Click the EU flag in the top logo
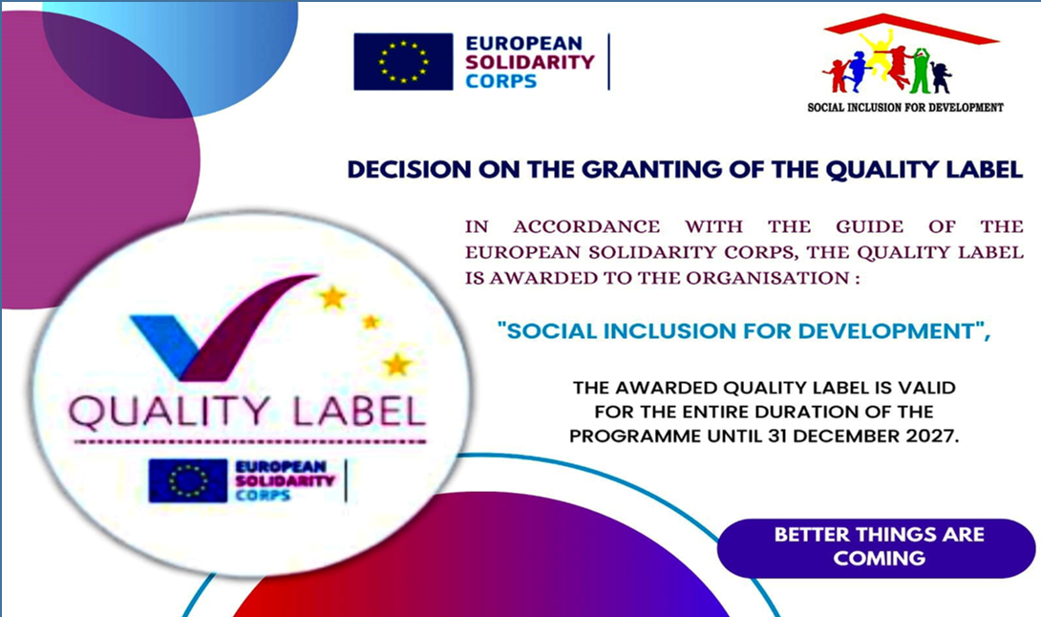click(403, 62)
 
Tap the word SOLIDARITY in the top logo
click(530, 62)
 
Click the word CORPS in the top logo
click(501, 81)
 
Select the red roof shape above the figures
click(910, 28)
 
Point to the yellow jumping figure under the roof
click(879, 53)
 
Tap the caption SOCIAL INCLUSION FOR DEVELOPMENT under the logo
click(904, 107)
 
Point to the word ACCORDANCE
click(586, 226)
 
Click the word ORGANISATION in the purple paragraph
click(767, 278)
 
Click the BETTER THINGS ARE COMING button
click(877, 548)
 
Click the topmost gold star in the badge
click(332, 298)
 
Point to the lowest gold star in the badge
click(396, 365)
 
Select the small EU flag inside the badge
click(188, 480)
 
